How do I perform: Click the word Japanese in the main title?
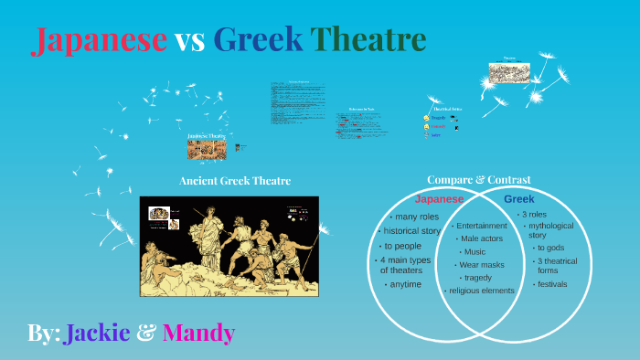[x=99, y=40]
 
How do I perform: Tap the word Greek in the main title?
[x=258, y=40]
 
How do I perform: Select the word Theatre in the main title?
[x=368, y=40]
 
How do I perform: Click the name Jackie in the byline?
[x=97, y=334]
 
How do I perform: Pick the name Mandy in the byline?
[x=198, y=334]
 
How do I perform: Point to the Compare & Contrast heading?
[x=478, y=180]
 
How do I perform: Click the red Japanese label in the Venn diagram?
[x=440, y=199]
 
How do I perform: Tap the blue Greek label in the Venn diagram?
[x=518, y=198]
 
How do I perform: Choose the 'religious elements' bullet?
[x=481, y=291]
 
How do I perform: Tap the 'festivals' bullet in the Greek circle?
[x=552, y=283]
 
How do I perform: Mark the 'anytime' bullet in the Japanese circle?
[x=405, y=284]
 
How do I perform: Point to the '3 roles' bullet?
[x=534, y=214]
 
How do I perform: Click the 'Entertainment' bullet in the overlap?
[x=481, y=226]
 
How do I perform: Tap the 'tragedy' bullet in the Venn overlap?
[x=477, y=278]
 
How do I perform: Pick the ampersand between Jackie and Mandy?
[x=145, y=334]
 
